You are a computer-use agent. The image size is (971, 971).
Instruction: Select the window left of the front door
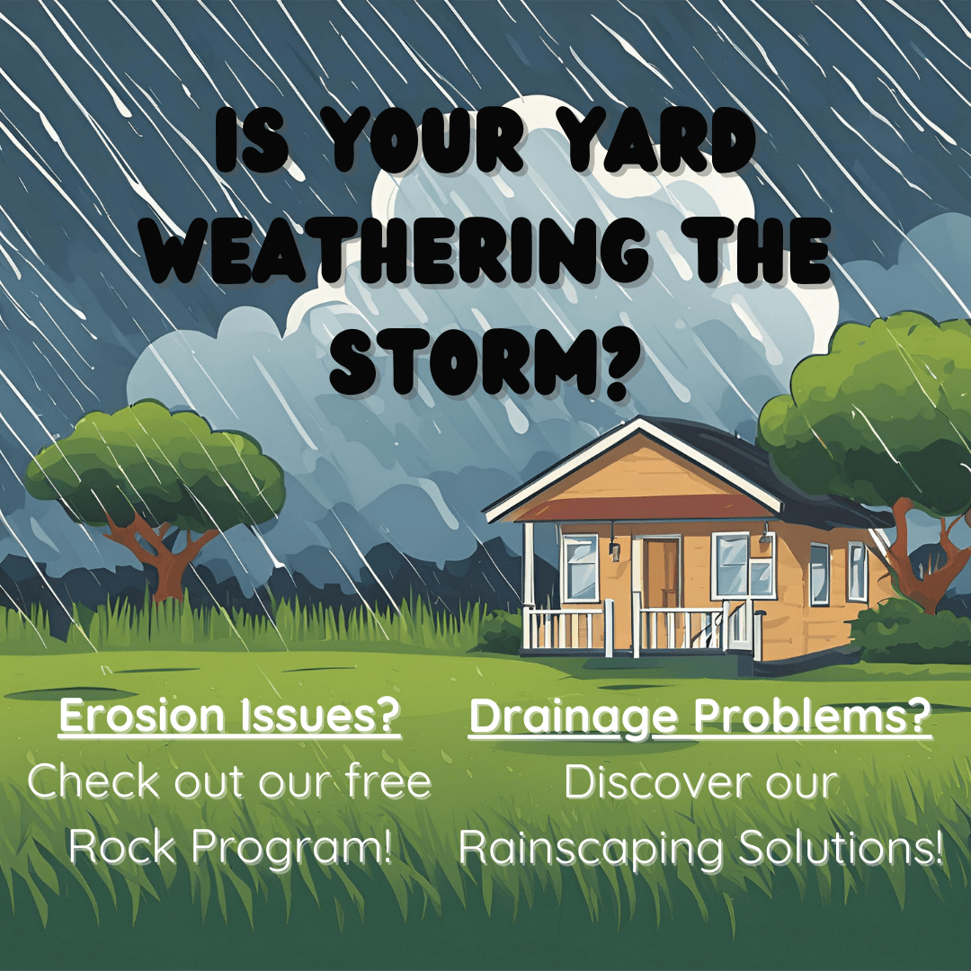pos(580,566)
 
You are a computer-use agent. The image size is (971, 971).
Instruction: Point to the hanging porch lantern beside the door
pos(615,549)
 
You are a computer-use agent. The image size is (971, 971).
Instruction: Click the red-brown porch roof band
pos(629,504)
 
